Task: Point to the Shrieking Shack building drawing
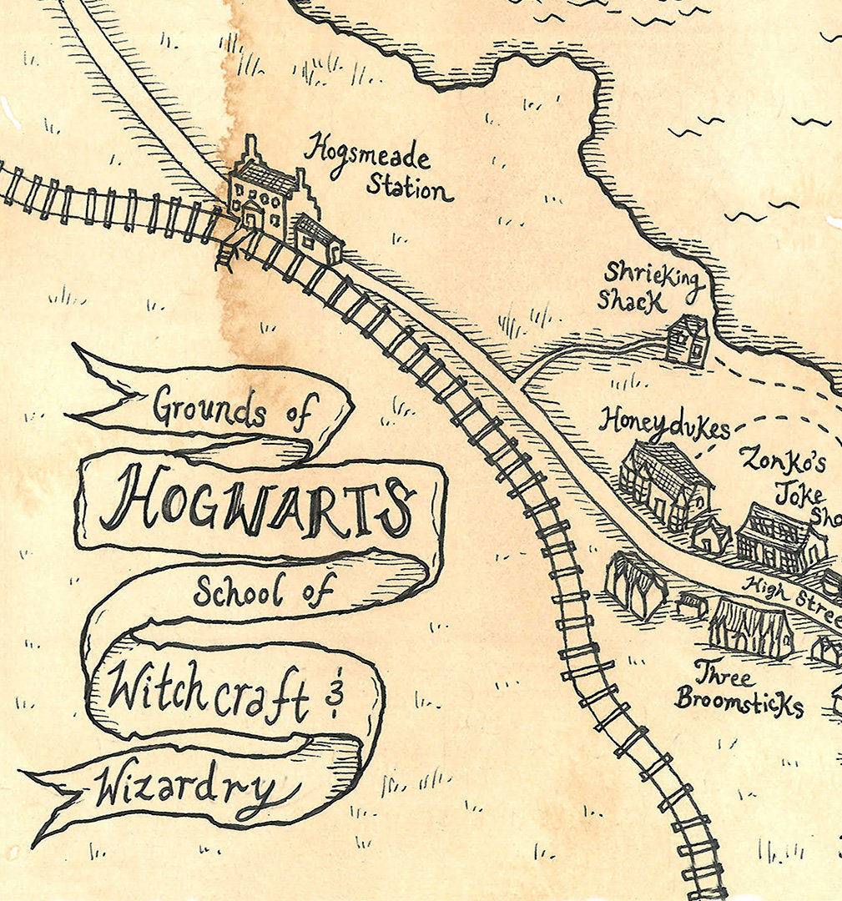[688, 340]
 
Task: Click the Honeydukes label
[663, 423]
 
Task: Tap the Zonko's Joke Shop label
[789, 480]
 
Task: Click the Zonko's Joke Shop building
[780, 538]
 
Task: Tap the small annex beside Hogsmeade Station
[320, 238]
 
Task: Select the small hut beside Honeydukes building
[709, 534]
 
